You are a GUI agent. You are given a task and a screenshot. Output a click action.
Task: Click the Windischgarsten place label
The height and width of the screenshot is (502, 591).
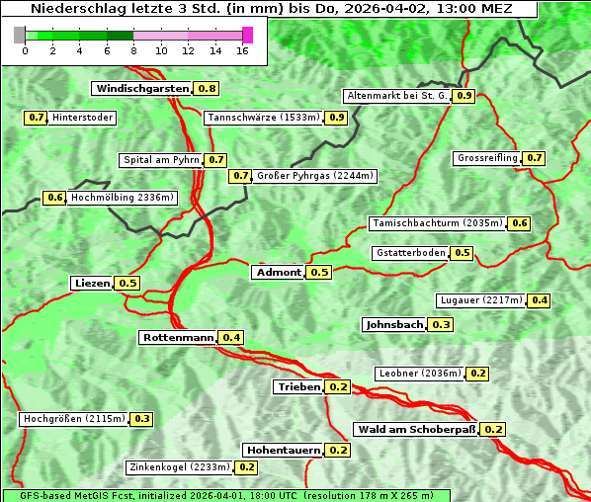142,89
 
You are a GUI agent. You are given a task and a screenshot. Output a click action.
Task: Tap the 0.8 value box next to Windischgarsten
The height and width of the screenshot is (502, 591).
207,89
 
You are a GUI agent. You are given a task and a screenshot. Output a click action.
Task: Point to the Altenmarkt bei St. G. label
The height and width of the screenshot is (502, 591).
395,96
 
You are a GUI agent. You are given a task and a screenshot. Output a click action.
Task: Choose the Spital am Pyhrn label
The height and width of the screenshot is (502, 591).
161,160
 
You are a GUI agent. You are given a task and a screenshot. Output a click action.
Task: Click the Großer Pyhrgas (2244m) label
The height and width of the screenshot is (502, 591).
314,176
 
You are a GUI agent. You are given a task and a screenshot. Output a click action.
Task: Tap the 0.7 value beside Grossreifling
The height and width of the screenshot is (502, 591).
535,158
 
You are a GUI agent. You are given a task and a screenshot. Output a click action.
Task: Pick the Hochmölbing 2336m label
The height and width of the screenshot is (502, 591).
123,198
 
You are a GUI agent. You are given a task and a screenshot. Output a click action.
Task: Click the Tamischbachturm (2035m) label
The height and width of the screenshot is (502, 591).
436,223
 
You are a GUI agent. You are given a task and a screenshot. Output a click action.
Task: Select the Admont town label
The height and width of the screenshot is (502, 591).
278,273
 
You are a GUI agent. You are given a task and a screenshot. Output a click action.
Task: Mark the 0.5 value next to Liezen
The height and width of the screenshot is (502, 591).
128,284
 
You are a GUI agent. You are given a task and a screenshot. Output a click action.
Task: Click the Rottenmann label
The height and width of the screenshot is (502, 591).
178,338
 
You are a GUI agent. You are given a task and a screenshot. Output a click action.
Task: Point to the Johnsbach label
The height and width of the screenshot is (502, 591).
394,325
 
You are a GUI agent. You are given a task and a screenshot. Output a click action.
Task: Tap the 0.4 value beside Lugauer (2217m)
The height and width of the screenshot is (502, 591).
540,300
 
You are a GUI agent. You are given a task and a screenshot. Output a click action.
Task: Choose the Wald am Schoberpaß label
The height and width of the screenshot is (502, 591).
415,430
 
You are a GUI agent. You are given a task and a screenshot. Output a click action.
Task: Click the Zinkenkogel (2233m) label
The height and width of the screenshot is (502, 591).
179,467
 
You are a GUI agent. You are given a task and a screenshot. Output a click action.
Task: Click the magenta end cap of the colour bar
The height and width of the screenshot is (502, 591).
248,35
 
